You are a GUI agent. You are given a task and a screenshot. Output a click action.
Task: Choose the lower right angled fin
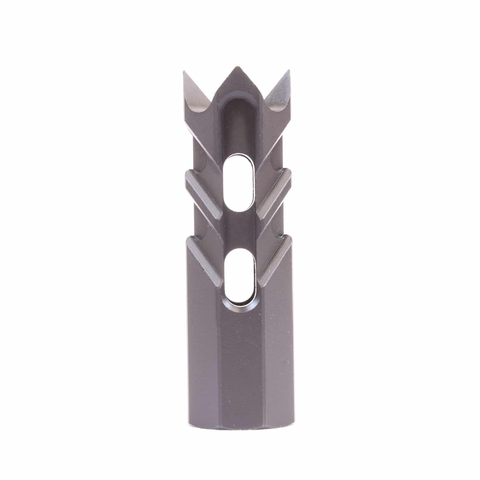click(x=274, y=261)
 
